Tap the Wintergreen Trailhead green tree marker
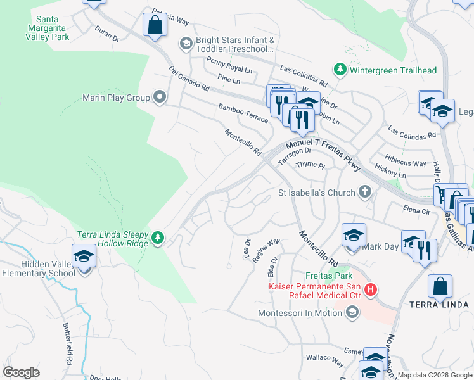pyautogui.click(x=340, y=69)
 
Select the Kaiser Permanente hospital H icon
pyautogui.click(x=371, y=291)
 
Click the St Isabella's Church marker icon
pyautogui.click(x=364, y=191)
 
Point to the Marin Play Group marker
pyautogui.click(x=160, y=98)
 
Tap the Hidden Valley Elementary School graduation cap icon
pyautogui.click(x=83, y=256)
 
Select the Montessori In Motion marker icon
pyautogui.click(x=352, y=312)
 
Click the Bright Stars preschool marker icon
pyautogui.click(x=186, y=44)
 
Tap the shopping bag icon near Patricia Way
pyautogui.click(x=154, y=25)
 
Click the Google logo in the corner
pyautogui.click(x=21, y=372)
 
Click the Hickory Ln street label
pyautogui.click(x=390, y=172)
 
